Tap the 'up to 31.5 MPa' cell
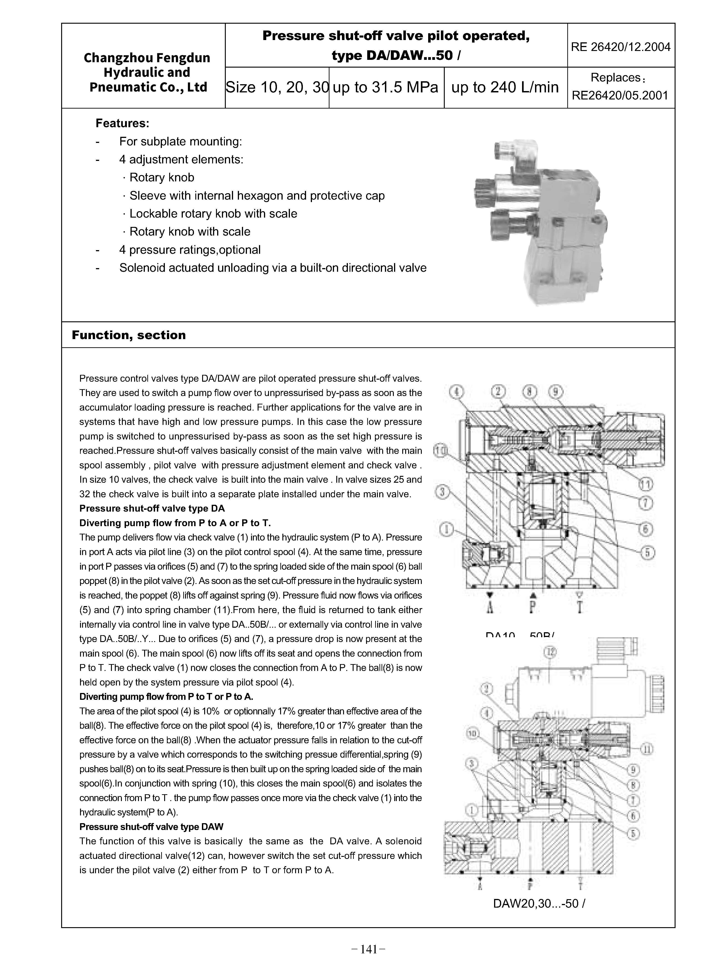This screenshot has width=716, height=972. [386, 88]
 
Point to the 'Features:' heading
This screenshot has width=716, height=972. [122, 124]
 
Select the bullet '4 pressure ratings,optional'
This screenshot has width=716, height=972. [190, 250]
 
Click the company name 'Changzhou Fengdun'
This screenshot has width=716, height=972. [147, 58]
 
